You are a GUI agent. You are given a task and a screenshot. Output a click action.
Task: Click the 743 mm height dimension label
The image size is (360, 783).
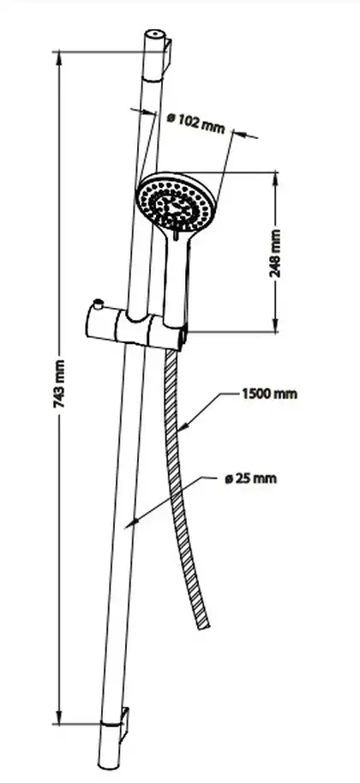60,383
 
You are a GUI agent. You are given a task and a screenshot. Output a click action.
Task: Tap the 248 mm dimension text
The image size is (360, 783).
276,253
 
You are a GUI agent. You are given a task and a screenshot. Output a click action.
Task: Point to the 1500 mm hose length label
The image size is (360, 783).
270,394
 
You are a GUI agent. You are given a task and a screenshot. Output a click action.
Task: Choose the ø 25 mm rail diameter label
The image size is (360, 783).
250,479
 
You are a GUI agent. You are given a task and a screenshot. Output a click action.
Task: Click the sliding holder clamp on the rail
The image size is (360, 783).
135,328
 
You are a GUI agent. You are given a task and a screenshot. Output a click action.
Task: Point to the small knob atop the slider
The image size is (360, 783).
98,303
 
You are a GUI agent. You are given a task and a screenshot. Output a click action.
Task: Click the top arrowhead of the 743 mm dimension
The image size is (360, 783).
59,58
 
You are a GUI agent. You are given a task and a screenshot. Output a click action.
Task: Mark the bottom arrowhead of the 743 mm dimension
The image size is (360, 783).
59,716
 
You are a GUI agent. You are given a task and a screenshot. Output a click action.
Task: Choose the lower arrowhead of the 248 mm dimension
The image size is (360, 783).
276,323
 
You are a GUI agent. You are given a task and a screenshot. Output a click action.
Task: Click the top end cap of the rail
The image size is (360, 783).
154,34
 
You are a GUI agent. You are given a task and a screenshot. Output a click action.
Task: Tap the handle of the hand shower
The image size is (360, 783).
176,280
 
